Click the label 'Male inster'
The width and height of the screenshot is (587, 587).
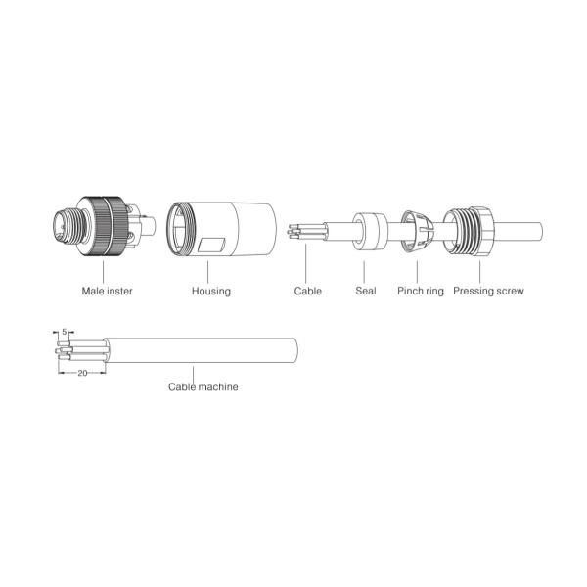tap(107, 291)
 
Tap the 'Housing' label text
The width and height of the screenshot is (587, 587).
tap(211, 291)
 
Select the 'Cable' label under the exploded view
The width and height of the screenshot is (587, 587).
tap(308, 291)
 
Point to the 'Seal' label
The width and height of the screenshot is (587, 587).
tap(366, 291)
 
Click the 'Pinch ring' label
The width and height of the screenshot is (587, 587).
tap(421, 291)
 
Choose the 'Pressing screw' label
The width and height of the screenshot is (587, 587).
tap(488, 291)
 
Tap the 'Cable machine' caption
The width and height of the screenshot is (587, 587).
tap(203, 386)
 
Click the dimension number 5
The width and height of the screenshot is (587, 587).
tap(65, 332)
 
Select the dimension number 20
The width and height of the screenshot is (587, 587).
tap(82, 373)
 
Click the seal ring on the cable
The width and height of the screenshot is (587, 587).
tap(369, 232)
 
